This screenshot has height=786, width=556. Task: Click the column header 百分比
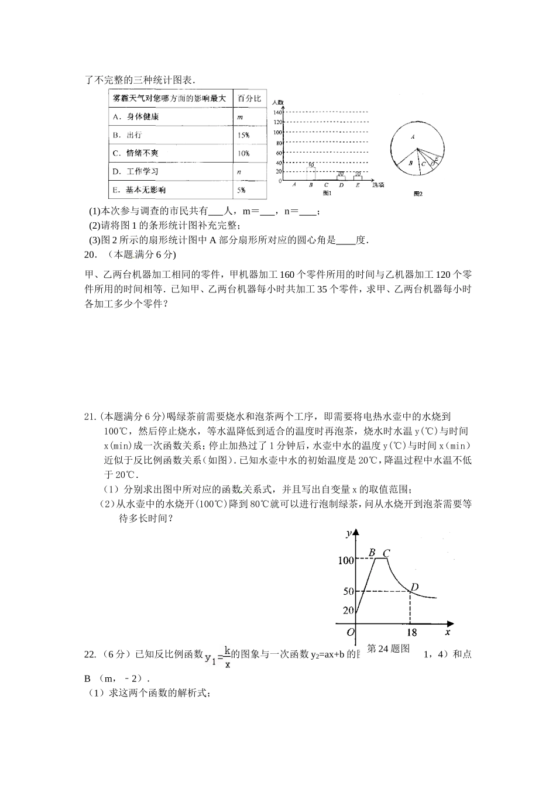click(249, 98)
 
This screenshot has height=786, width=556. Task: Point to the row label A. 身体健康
click(136, 117)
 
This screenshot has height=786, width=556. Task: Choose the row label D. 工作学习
click(136, 172)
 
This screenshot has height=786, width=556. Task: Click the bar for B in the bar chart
click(311, 174)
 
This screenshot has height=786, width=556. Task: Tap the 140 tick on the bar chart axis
click(278, 112)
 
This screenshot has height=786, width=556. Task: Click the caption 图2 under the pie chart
click(418, 194)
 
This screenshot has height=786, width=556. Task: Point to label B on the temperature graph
click(372, 552)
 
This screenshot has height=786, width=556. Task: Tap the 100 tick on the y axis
click(346, 560)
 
